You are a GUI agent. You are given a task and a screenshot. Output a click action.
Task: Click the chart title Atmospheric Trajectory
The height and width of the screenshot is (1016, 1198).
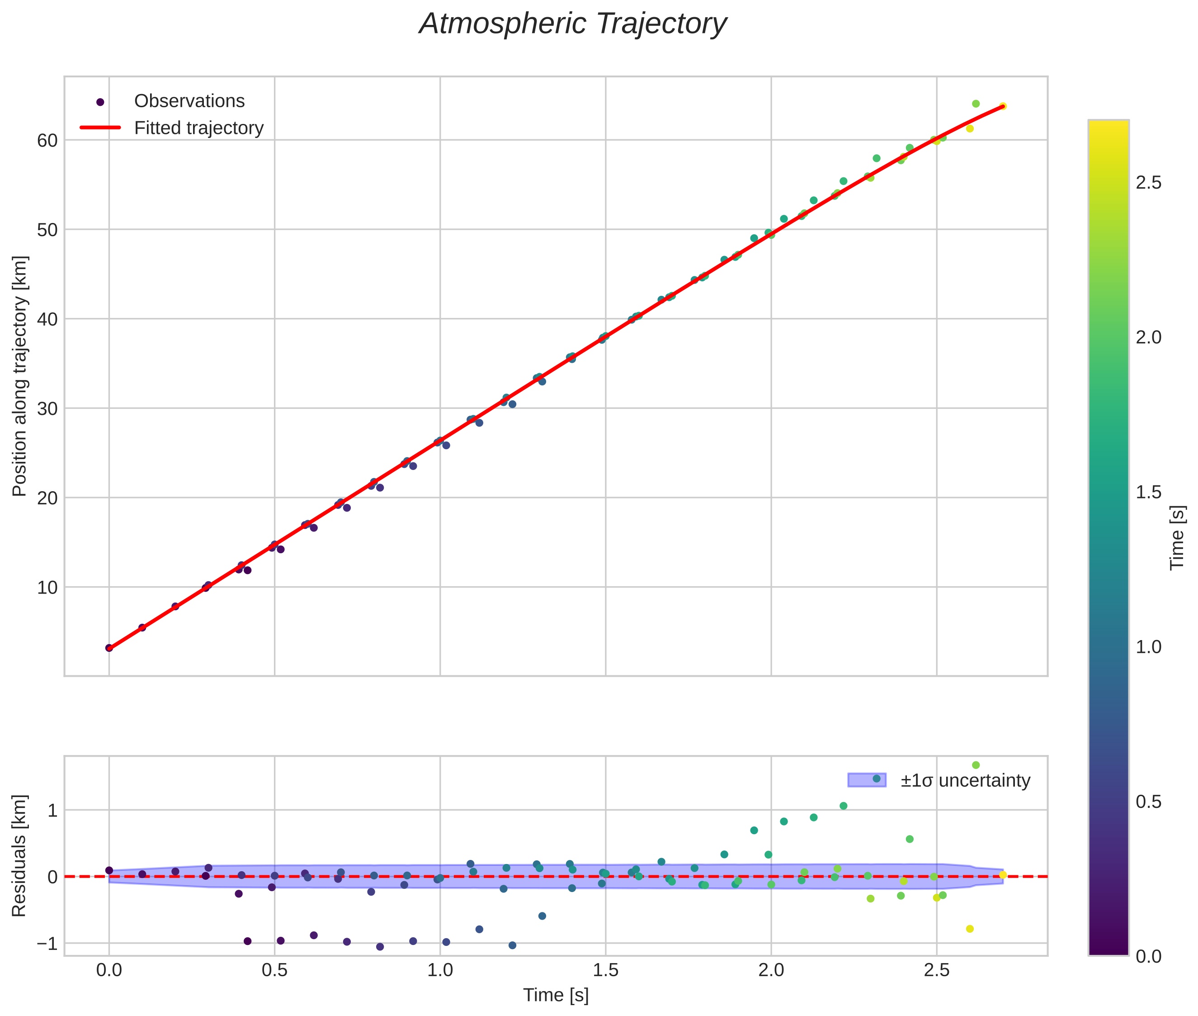click(573, 24)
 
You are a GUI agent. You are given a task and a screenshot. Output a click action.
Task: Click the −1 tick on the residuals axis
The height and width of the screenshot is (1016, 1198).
click(47, 944)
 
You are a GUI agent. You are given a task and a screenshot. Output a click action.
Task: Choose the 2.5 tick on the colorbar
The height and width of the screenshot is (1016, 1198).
click(1148, 183)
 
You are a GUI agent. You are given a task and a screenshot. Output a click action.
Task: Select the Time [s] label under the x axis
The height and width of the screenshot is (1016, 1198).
click(556, 996)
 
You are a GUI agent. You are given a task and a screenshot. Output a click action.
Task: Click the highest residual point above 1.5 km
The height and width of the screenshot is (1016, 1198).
click(976, 765)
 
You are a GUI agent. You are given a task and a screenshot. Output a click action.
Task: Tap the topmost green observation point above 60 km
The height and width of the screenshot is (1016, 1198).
click(976, 104)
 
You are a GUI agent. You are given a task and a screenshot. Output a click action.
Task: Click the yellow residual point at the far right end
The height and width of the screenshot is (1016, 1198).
click(1002, 875)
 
